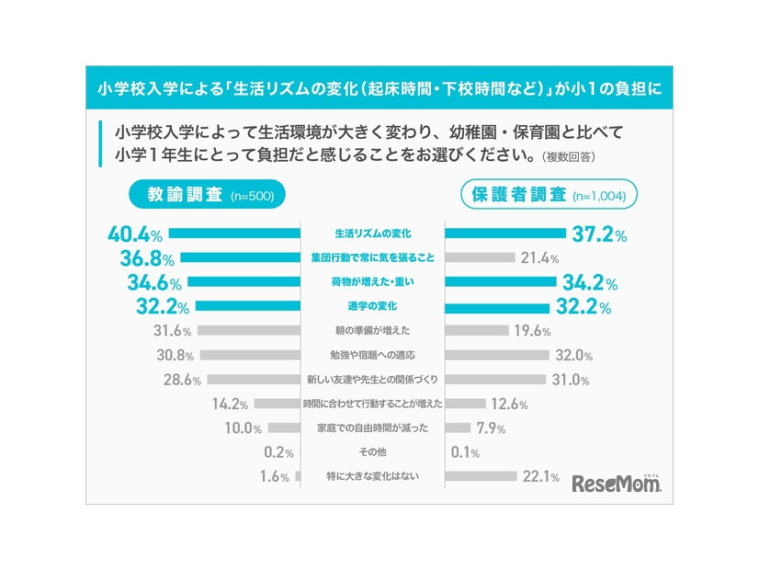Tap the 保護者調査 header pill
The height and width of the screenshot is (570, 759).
click(x=549, y=194)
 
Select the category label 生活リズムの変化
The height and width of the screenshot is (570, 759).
click(x=373, y=234)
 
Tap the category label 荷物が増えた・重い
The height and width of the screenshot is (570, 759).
click(x=373, y=282)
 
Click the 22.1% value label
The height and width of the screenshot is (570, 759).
click(x=541, y=476)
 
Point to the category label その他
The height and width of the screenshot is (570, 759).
click(x=373, y=452)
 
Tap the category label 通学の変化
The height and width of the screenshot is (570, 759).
click(x=373, y=306)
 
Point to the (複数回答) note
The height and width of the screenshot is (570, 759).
click(x=568, y=156)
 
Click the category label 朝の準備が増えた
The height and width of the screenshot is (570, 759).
click(x=373, y=331)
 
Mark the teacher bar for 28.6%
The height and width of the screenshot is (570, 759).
click(x=255, y=379)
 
